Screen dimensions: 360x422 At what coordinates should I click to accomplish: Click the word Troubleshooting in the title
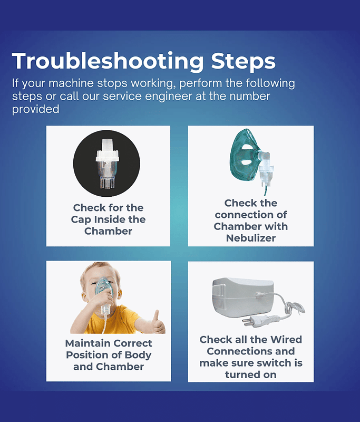[x=108, y=62]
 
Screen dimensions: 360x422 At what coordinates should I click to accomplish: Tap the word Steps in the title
[x=244, y=62]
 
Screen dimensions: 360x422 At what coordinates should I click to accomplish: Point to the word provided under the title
[x=35, y=109]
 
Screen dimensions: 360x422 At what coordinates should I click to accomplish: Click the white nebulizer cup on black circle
[x=107, y=164]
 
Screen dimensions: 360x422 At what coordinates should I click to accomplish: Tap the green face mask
[x=244, y=156]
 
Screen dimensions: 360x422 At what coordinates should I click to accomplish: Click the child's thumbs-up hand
[x=158, y=323]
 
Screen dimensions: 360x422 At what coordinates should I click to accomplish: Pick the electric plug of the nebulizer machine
[x=256, y=320]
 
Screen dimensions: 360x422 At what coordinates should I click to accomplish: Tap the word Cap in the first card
[x=81, y=220]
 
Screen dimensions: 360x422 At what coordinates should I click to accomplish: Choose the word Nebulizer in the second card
[x=251, y=238]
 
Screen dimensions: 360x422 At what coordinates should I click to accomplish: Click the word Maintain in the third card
[x=86, y=343]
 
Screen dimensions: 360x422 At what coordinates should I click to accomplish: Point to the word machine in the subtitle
[x=71, y=83]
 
